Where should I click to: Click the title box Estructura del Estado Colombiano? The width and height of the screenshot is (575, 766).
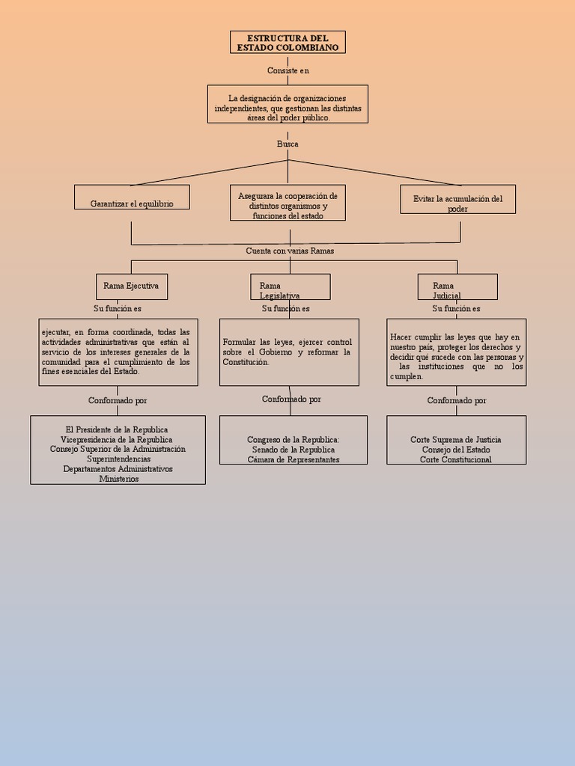pyautogui.click(x=287, y=43)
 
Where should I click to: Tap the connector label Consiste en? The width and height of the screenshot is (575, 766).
pyautogui.click(x=288, y=70)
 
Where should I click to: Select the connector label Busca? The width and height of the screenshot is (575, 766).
pyautogui.click(x=287, y=144)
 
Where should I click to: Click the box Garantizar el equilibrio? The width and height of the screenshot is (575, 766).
pyautogui.click(x=132, y=197)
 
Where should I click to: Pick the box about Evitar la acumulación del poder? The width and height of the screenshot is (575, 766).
pyautogui.click(x=457, y=200)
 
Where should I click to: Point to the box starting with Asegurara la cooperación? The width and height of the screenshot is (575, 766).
pyautogui.click(x=287, y=203)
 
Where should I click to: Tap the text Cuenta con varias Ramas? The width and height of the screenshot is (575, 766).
pyautogui.click(x=290, y=251)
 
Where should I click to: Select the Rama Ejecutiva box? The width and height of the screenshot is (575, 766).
pyautogui.click(x=132, y=287)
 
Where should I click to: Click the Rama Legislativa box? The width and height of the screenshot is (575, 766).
pyautogui.click(x=290, y=287)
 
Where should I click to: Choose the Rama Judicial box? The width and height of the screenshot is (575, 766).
pyautogui.click(x=457, y=287)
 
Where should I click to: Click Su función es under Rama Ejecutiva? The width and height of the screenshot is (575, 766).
pyautogui.click(x=118, y=308)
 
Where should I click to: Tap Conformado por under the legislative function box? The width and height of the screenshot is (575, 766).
pyautogui.click(x=291, y=399)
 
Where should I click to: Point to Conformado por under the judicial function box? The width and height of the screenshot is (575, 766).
pyautogui.click(x=457, y=400)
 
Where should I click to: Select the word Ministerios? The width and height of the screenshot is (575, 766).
pyautogui.click(x=119, y=479)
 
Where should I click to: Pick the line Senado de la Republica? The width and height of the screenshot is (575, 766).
pyautogui.click(x=293, y=450)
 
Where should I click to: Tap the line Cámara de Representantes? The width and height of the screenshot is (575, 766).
pyautogui.click(x=293, y=459)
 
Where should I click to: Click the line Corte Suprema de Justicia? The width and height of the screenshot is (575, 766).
pyautogui.click(x=456, y=440)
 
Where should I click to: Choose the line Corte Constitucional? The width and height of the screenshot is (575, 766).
pyautogui.click(x=456, y=459)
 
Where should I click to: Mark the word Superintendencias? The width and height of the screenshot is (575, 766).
pyautogui.click(x=118, y=459)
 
